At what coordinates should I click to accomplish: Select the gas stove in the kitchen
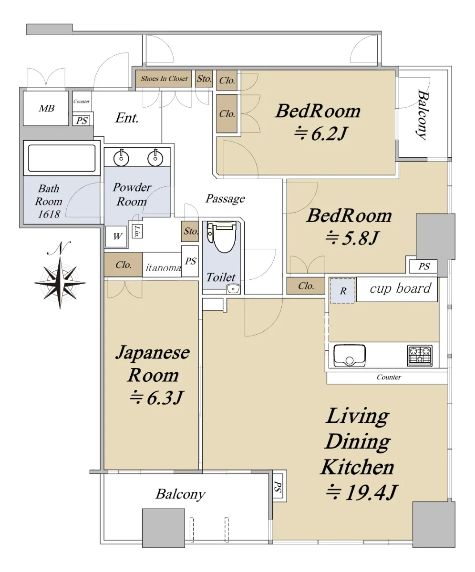click(420, 356)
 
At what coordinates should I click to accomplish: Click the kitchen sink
click(350, 356)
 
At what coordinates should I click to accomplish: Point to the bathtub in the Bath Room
click(62, 158)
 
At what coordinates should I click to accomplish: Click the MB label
click(47, 109)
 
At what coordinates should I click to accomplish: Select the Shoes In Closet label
click(164, 79)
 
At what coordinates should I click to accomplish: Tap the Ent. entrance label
click(127, 118)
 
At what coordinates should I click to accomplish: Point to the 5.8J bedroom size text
click(352, 238)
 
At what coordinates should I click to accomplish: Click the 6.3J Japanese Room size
click(156, 398)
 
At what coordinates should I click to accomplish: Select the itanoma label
click(163, 267)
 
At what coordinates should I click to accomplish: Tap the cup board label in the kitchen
click(401, 288)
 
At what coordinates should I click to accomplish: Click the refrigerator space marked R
click(343, 291)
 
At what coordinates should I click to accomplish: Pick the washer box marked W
click(117, 237)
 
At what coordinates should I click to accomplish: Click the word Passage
click(225, 199)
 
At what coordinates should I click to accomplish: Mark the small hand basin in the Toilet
click(233, 289)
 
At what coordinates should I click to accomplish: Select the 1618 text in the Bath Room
click(49, 214)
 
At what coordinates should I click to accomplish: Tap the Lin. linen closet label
click(137, 231)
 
